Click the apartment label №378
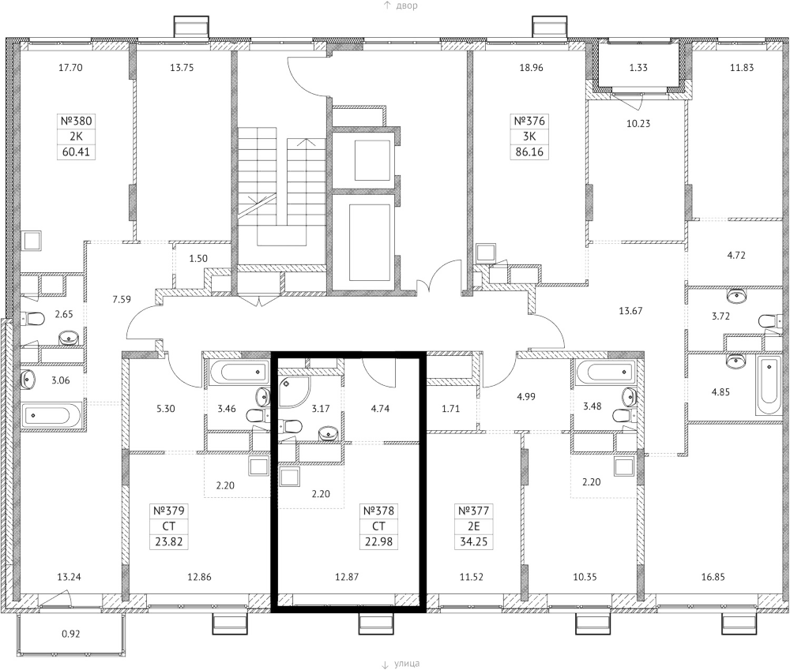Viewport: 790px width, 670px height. (377, 511)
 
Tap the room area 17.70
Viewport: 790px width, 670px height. (71, 68)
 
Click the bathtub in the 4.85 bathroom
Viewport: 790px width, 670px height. (769, 386)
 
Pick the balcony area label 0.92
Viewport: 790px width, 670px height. (71, 633)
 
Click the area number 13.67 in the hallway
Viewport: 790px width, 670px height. (630, 310)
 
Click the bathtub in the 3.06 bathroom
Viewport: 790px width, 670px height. (51, 414)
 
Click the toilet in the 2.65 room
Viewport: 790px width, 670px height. (33, 320)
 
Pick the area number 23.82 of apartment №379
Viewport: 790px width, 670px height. (168, 541)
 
